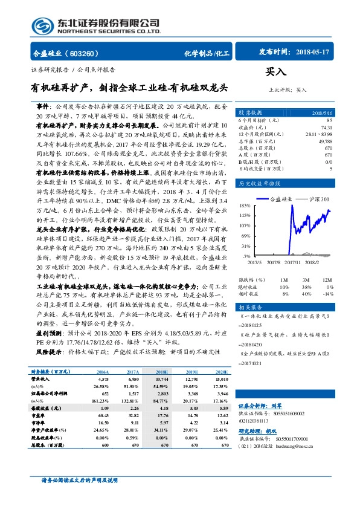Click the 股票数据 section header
[250, 113]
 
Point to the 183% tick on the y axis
[245, 206]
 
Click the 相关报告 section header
[249, 307]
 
